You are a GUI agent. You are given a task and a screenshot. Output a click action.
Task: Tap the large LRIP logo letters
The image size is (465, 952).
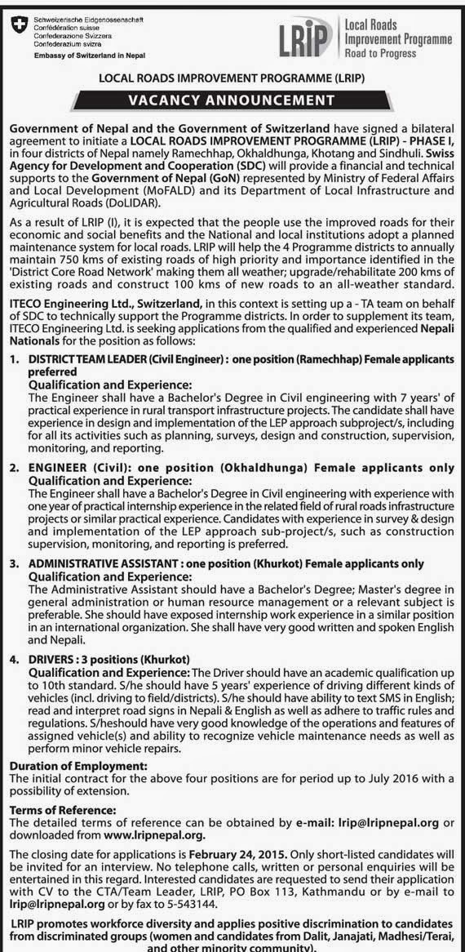tap(314, 37)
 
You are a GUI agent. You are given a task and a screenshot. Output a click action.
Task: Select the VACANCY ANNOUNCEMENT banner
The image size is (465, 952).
tap(232, 100)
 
